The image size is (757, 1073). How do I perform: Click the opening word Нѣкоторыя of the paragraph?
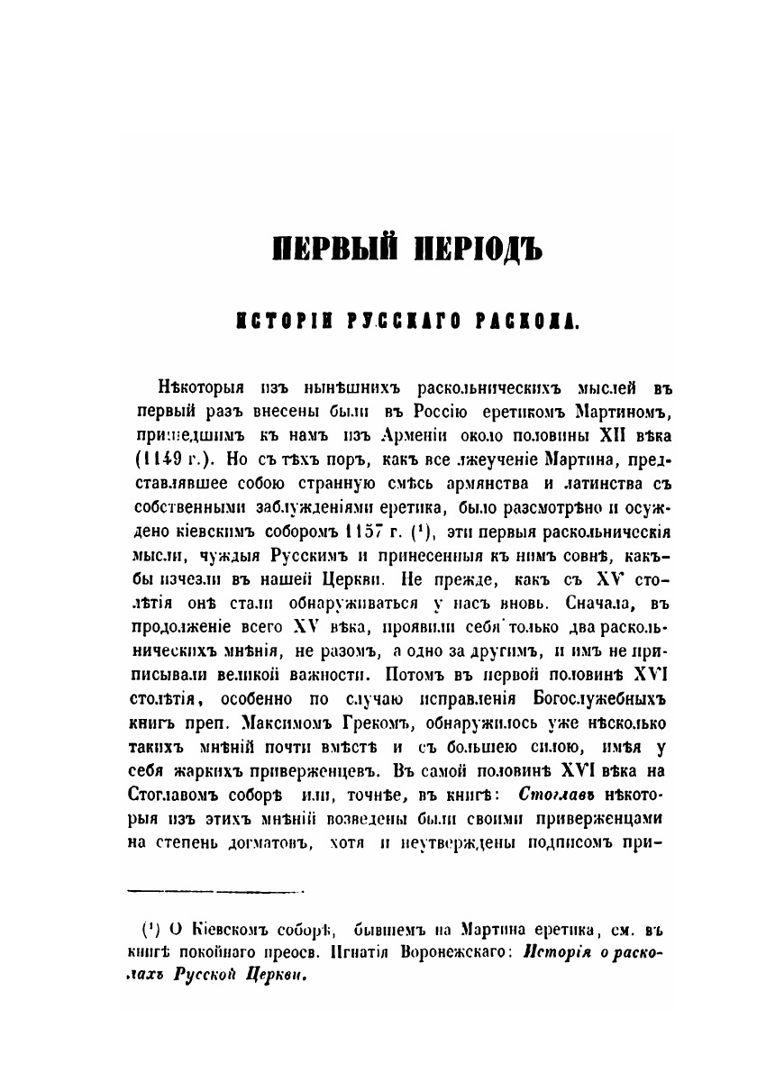(203, 388)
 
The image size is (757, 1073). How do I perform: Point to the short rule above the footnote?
(216, 892)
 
